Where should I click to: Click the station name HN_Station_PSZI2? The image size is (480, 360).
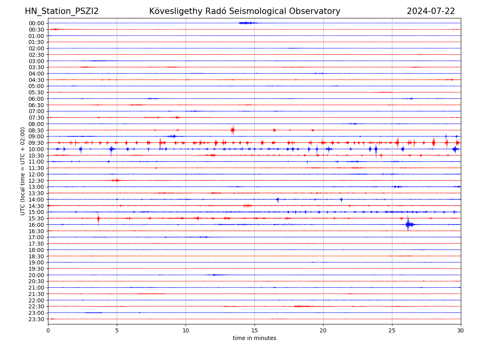62,11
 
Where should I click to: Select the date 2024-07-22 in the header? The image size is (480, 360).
431,11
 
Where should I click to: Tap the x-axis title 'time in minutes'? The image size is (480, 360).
254,338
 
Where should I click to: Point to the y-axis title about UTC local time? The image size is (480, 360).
23,171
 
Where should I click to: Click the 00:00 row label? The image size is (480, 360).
36,23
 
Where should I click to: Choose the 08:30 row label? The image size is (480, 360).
36,130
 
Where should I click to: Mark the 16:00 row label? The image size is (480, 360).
36,225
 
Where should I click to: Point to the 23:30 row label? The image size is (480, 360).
36,319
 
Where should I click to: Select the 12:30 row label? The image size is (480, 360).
36,181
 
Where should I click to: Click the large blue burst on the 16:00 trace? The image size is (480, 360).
408,224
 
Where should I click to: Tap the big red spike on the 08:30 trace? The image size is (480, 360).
232,130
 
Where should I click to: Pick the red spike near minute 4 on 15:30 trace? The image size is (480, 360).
98,218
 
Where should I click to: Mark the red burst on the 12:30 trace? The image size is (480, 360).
116,180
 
